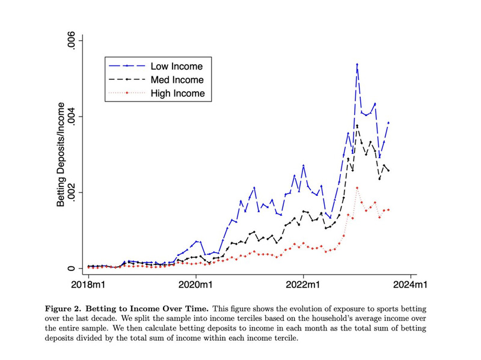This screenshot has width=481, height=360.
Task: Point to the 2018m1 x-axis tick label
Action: (88, 284)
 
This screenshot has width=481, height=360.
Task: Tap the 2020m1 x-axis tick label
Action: (196, 284)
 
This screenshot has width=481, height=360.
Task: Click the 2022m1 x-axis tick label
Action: (304, 284)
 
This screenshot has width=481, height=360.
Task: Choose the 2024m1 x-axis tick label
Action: (411, 284)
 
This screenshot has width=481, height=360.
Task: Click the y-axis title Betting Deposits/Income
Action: (61, 154)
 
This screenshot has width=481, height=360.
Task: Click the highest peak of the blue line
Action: (357, 64)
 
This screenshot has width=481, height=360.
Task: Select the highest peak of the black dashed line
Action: (357, 126)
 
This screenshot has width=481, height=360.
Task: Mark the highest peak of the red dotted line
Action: (357, 188)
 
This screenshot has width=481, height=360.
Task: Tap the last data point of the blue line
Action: (389, 123)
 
